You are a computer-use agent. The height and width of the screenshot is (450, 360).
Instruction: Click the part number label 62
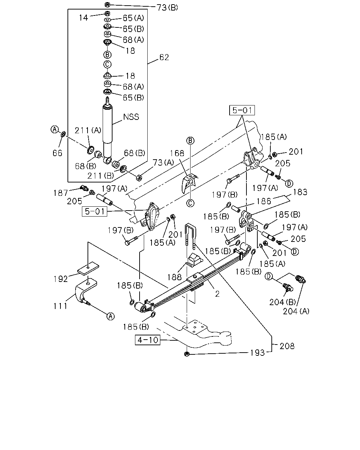[164, 57]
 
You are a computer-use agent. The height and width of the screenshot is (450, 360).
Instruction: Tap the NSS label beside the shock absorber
[131, 117]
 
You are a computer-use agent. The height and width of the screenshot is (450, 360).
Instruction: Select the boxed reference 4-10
[148, 340]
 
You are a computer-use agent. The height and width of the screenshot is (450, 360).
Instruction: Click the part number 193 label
[257, 353]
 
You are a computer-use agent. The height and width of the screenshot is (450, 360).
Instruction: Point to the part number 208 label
[287, 346]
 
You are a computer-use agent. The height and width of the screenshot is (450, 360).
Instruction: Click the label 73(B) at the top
[167, 8]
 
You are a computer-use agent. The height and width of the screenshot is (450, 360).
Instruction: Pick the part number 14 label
[83, 18]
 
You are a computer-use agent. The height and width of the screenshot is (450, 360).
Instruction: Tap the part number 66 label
[57, 153]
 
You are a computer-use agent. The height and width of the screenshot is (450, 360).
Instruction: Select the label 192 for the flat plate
[61, 279]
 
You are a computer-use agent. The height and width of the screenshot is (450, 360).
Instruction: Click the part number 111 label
[60, 306]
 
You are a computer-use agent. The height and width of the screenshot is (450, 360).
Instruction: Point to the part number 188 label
[174, 277]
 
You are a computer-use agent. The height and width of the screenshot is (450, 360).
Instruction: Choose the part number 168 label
[177, 153]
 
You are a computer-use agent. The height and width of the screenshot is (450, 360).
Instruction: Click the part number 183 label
[300, 192]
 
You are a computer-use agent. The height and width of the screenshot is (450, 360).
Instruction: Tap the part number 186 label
[264, 201]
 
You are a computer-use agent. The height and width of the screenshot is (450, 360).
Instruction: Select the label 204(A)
[296, 311]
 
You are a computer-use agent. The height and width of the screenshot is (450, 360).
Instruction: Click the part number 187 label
[61, 193]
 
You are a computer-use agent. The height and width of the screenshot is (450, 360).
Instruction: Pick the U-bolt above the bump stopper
[191, 236]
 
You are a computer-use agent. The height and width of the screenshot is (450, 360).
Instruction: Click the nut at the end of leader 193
[187, 354]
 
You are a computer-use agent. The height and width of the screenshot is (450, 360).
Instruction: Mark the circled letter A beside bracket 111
[111, 316]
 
